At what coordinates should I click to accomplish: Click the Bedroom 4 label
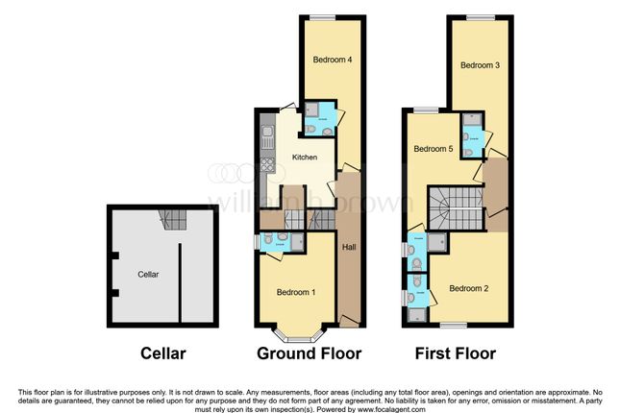click(332, 60)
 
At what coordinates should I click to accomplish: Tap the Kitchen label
click(305, 158)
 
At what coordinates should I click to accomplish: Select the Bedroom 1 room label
click(296, 292)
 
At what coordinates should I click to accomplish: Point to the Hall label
click(347, 248)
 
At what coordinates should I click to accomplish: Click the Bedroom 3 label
click(479, 66)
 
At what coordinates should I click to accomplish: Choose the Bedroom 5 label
click(433, 150)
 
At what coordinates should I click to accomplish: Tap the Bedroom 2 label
click(470, 287)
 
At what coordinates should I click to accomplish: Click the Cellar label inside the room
click(148, 275)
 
